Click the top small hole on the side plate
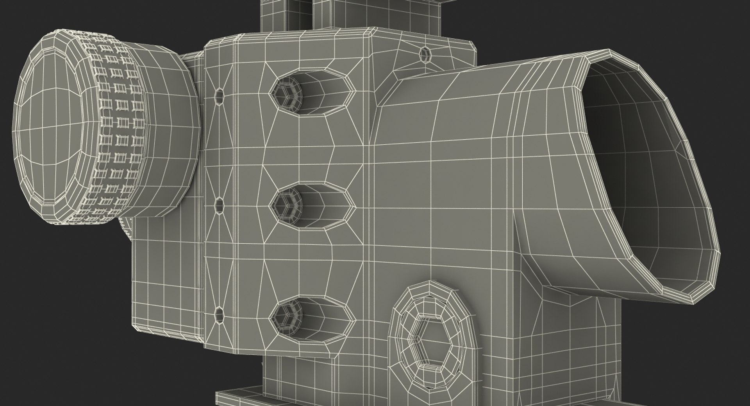(x=220, y=95)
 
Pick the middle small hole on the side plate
(x=219, y=204)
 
